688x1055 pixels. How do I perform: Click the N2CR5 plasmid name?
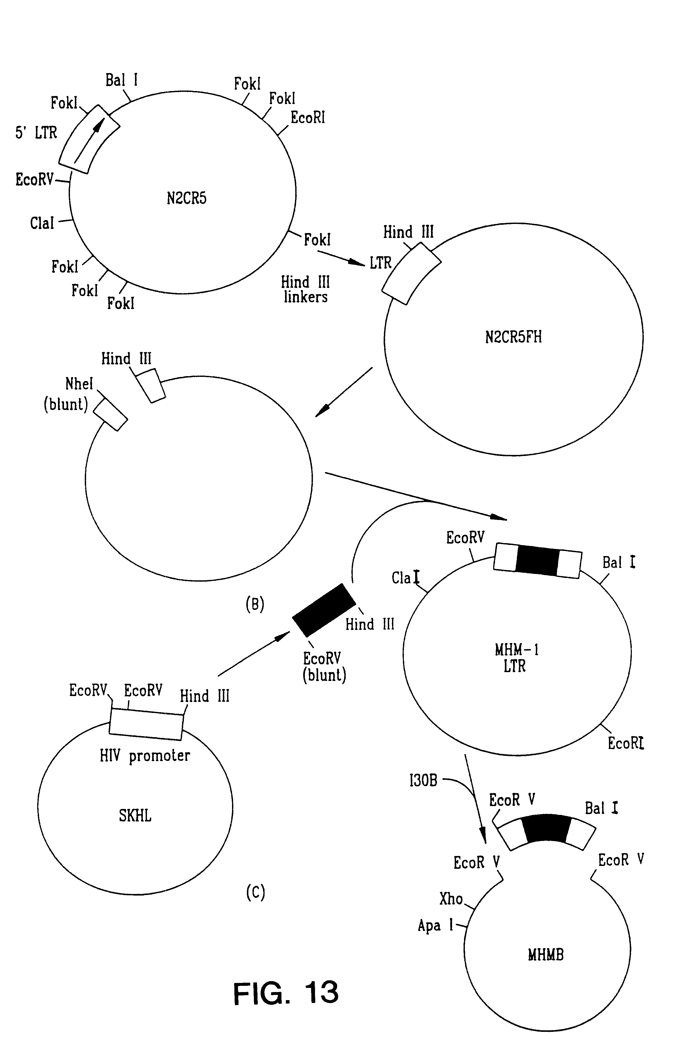coord(186,198)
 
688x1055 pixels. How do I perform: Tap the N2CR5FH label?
coord(513,337)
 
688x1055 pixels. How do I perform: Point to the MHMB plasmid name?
coord(546,954)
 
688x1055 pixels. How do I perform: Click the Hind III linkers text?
coord(305,290)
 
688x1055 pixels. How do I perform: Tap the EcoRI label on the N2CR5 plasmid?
coord(308,118)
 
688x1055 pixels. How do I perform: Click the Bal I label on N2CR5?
coord(121,80)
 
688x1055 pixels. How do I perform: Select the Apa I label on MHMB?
coord(435,925)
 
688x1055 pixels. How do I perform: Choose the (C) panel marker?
coord(255,892)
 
